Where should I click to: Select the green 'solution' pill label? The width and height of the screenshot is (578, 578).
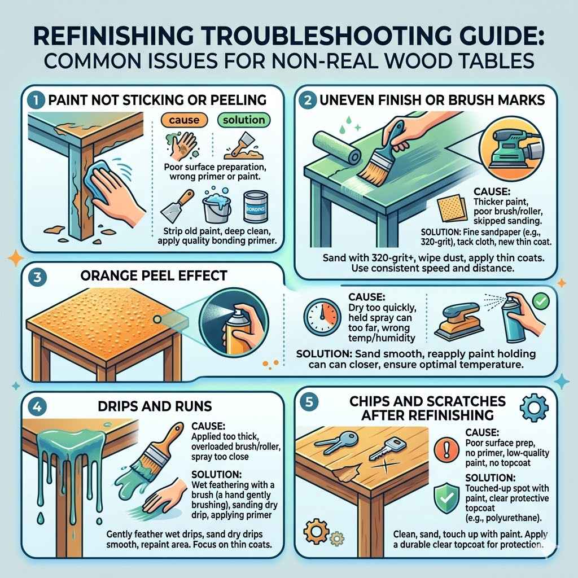point(243,120)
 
